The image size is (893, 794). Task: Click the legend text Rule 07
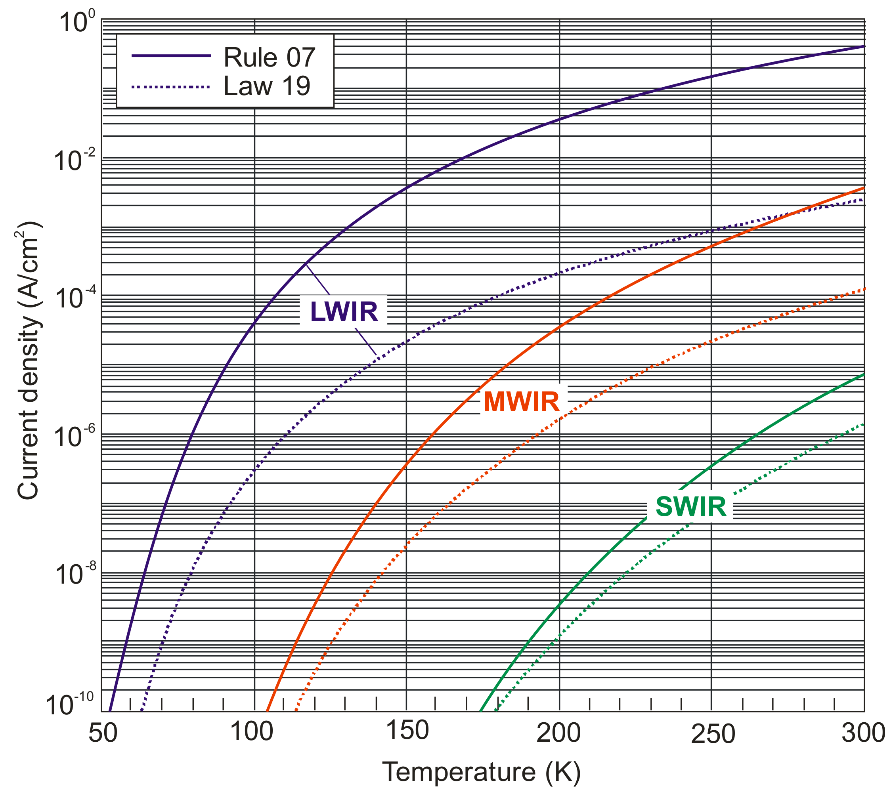269,57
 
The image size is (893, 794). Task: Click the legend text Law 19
266,86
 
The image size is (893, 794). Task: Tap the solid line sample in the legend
171,55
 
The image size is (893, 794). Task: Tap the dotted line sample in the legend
171,87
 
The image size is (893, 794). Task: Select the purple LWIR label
344,312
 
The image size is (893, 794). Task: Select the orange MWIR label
522,402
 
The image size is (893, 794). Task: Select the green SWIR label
691,507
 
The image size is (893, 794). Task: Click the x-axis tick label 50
103,733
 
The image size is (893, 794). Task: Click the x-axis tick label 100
252,731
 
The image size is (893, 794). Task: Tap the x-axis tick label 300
863,733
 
